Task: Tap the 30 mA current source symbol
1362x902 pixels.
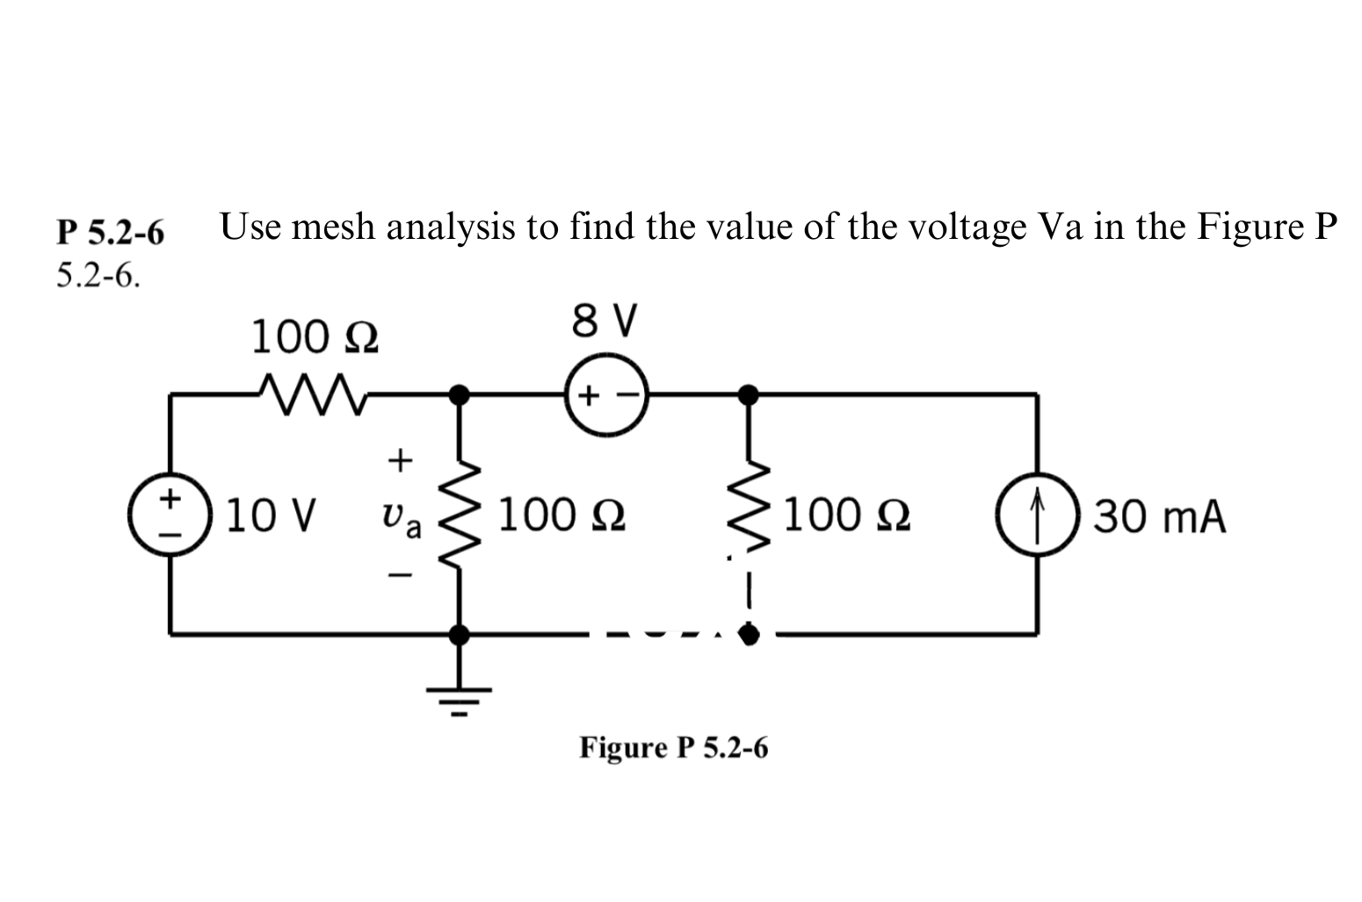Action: click(1038, 515)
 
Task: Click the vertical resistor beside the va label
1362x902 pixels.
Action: click(458, 513)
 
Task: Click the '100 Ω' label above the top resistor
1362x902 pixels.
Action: click(315, 337)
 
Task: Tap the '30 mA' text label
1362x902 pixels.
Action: click(1159, 516)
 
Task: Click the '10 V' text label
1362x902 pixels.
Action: click(270, 516)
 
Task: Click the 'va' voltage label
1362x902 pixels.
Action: click(399, 517)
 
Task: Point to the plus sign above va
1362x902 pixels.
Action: click(400, 458)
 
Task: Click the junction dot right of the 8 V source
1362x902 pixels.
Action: click(748, 394)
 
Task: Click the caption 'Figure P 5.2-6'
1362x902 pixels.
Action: click(673, 747)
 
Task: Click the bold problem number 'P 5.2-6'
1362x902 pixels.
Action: click(110, 233)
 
